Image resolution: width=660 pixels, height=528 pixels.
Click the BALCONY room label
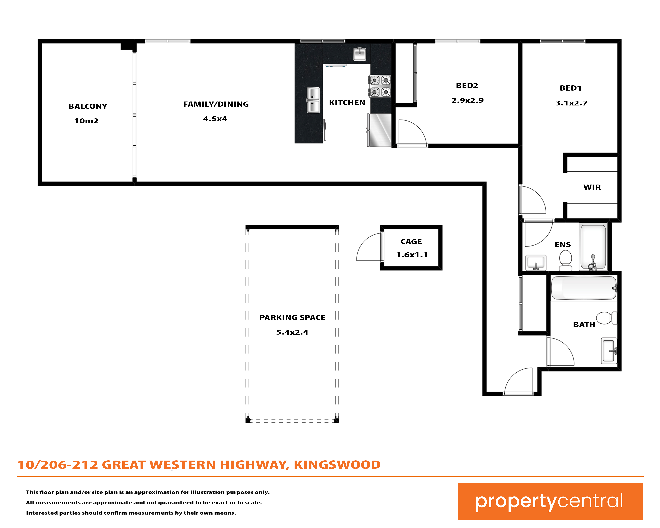coord(88,106)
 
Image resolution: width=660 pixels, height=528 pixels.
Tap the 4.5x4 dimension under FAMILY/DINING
coord(215,119)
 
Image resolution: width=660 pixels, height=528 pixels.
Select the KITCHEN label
coord(347,103)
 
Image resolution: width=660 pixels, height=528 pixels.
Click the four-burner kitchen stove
coord(380,86)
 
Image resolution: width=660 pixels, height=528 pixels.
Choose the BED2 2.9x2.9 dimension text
coord(468,100)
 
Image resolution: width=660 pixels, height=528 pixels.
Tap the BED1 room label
coord(571,88)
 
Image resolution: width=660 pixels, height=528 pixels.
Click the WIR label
coord(592,187)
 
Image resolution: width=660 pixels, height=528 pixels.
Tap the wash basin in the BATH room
coord(609,351)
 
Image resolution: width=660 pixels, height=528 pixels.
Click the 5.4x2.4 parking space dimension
coord(292,332)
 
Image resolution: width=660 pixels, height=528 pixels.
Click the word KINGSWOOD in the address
coord(337,465)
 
